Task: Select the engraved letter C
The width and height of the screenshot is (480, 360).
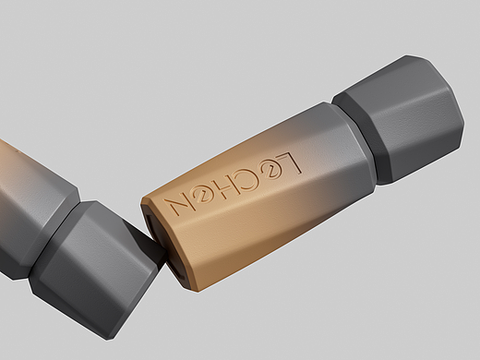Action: [248, 179]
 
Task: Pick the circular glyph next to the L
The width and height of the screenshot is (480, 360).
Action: [269, 172]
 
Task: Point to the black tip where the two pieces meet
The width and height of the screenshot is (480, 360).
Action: [150, 243]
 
